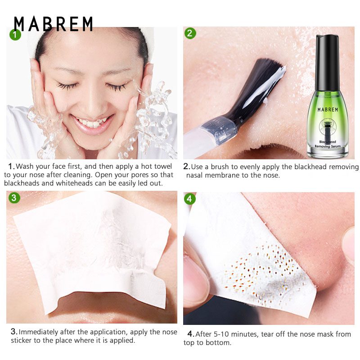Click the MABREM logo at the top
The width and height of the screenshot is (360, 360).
point(53,24)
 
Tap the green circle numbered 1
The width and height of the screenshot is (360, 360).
point(15,35)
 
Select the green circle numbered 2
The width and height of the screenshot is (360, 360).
point(190,33)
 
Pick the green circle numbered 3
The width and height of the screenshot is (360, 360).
point(14,198)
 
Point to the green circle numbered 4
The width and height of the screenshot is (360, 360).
point(190,198)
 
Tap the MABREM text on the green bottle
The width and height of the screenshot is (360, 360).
point(328,110)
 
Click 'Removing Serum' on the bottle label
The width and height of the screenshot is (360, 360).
point(328,146)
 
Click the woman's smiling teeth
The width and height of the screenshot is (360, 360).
point(92,122)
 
